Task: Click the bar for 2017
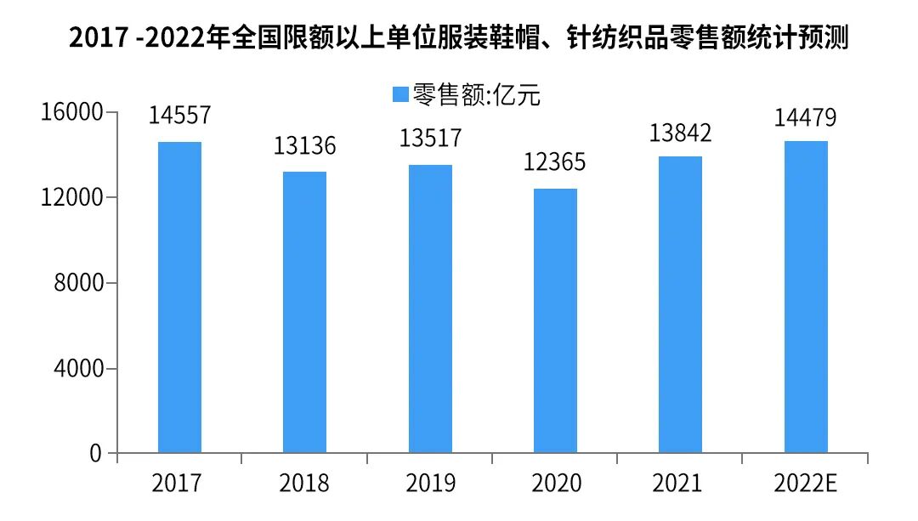(179, 297)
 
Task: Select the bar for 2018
(304, 312)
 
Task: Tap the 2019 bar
(430, 309)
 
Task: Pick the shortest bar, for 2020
(555, 320)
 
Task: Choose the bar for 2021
(680, 304)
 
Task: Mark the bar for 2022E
(806, 297)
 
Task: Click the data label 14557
(179, 116)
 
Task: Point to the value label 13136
(304, 145)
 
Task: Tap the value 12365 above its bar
(555, 162)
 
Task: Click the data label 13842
(680, 132)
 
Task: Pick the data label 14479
(806, 116)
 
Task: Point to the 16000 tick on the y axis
(72, 112)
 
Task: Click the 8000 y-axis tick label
(78, 283)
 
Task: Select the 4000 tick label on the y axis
(78, 369)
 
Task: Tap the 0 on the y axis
(95, 454)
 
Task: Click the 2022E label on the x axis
(806, 484)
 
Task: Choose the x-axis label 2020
(556, 484)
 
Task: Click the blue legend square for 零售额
(400, 94)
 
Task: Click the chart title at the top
(459, 38)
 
